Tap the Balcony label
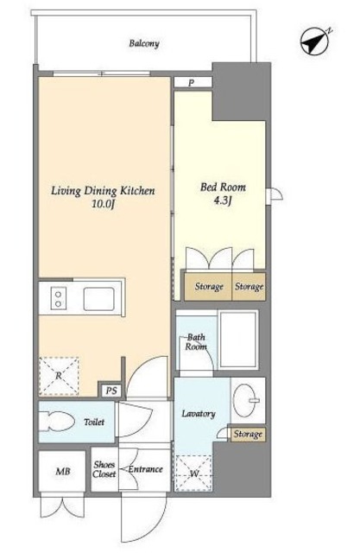[x=144, y=44]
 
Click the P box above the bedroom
[x=193, y=83]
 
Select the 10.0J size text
[x=104, y=204]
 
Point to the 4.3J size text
[x=223, y=201]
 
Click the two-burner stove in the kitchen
[x=59, y=298]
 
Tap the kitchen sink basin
[x=99, y=299]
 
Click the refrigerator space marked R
[x=59, y=376]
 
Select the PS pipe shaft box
[x=111, y=391]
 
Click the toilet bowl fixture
[x=56, y=421]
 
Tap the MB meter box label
[x=63, y=471]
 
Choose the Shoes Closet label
[x=104, y=469]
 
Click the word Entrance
[x=146, y=469]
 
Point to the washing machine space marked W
[x=193, y=474]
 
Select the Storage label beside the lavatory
[x=248, y=434]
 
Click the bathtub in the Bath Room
[x=238, y=340]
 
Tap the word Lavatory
[x=199, y=414]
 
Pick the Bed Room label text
[x=223, y=187]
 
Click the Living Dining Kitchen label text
[x=104, y=191]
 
